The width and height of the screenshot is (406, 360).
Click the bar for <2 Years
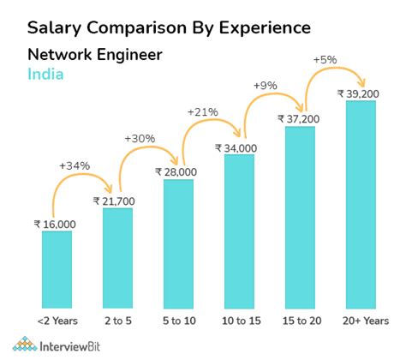(57, 268)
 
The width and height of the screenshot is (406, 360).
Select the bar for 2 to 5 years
(117, 256)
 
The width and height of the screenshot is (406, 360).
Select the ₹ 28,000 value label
(177, 171)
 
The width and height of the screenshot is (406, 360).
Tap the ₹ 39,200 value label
(360, 93)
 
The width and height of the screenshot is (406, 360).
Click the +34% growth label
(74, 165)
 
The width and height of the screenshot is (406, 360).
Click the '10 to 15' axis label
(239, 319)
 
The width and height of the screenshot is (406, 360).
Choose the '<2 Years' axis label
(57, 319)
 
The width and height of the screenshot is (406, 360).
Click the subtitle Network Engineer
(94, 55)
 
